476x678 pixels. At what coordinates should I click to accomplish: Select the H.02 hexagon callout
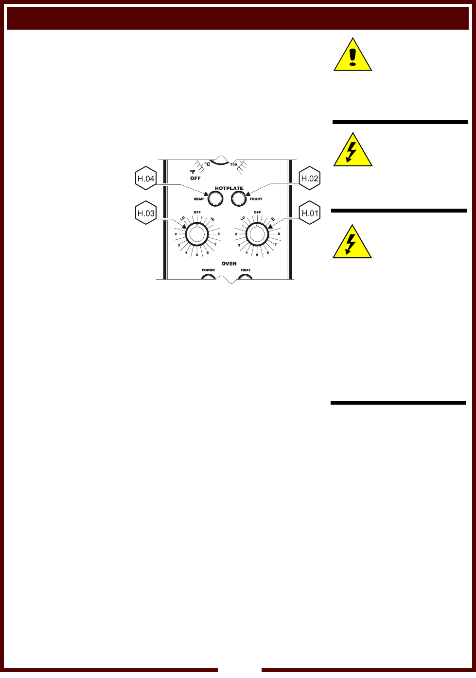click(x=310, y=178)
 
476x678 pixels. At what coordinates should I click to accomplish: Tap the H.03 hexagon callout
click(x=145, y=213)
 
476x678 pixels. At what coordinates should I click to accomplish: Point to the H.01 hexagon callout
click(x=310, y=213)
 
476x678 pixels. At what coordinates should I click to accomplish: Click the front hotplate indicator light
click(x=239, y=198)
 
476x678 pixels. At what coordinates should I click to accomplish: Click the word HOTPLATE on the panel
click(x=229, y=188)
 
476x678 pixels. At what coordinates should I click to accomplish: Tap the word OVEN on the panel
click(x=229, y=264)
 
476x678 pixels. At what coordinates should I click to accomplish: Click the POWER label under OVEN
click(x=208, y=270)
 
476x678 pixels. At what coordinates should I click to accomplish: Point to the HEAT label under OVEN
click(x=246, y=270)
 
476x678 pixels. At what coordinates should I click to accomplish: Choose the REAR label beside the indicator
click(x=198, y=199)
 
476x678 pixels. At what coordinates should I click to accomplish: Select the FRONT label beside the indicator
click(x=256, y=199)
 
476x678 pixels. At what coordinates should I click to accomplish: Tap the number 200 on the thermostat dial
click(x=233, y=165)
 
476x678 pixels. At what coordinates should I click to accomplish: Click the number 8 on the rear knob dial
click(x=218, y=234)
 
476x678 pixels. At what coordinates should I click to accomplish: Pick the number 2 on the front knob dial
click(x=236, y=234)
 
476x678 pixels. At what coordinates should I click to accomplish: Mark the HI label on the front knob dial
click(x=273, y=218)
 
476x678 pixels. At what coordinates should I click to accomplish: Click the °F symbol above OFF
click(x=192, y=172)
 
